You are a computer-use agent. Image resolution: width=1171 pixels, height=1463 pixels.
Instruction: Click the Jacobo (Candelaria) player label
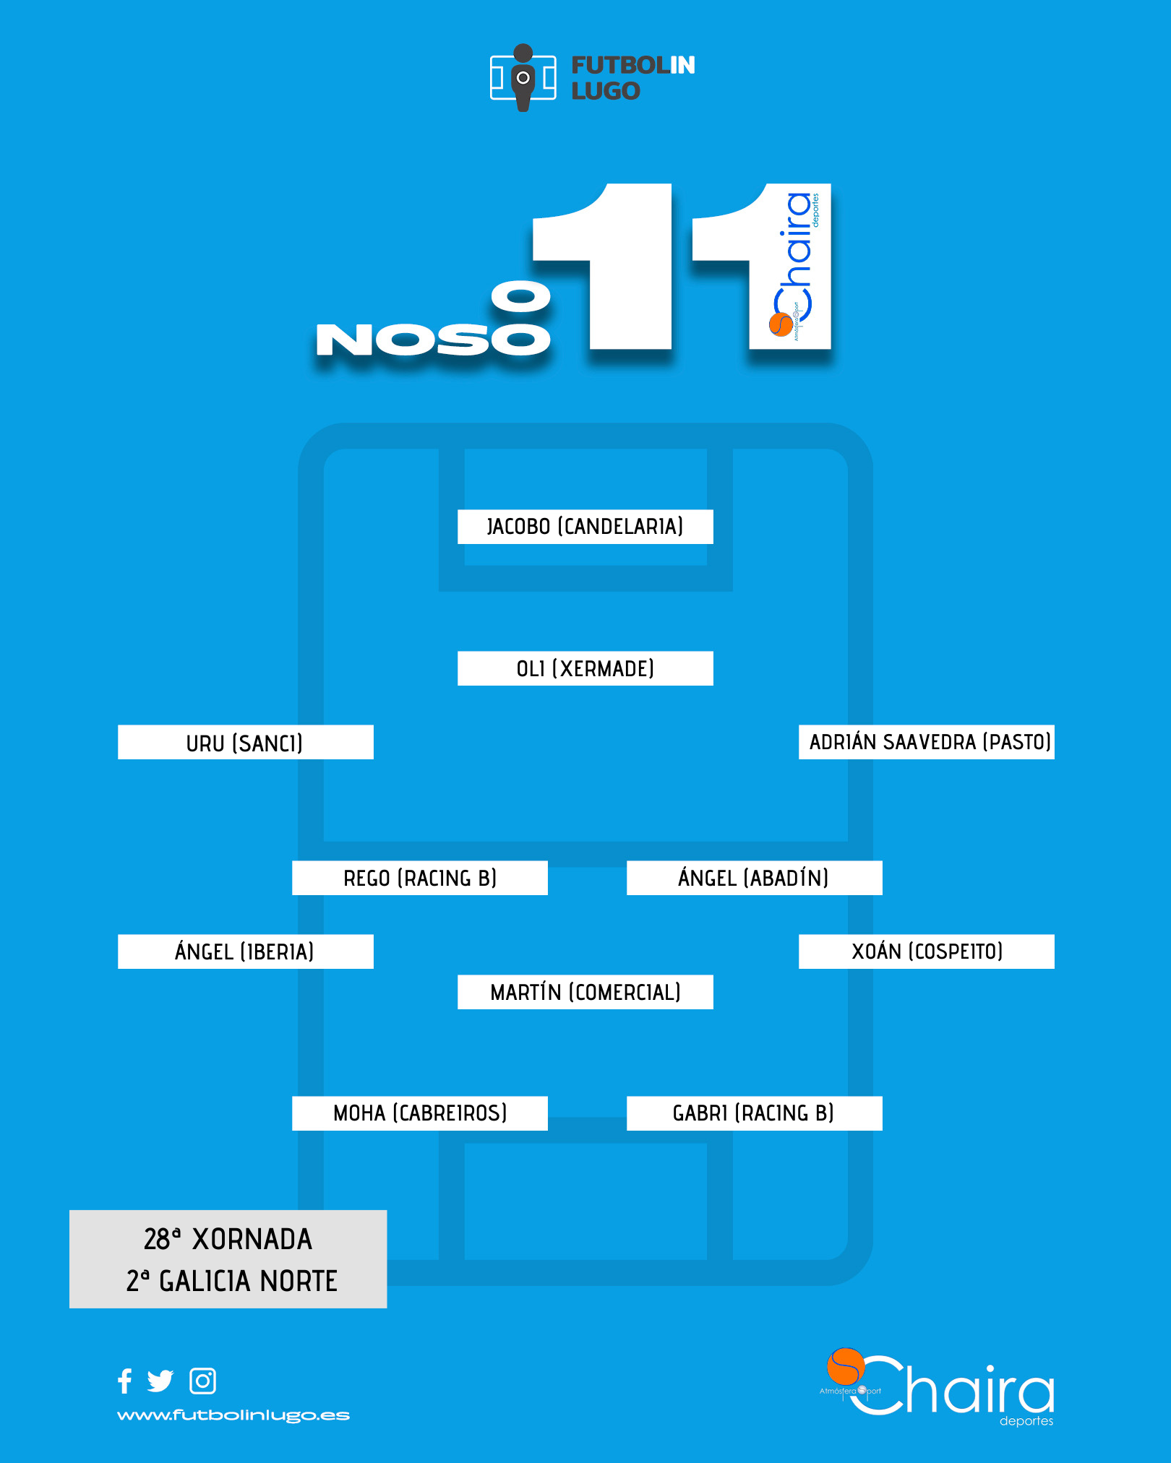tap(585, 527)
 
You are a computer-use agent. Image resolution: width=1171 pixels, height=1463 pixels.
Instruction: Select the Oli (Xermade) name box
tap(585, 668)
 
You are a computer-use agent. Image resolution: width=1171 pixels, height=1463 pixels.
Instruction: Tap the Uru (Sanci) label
tap(246, 742)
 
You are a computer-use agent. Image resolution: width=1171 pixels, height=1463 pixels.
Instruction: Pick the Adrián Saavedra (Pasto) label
tap(927, 742)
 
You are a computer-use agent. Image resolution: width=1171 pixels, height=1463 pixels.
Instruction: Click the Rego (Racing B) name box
tap(420, 878)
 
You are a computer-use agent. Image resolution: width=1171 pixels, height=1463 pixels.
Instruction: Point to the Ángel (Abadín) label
tap(755, 878)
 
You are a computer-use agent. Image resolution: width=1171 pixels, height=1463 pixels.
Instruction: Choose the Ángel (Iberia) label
tap(246, 951)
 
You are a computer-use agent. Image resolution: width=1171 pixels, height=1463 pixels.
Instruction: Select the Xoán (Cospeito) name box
tap(927, 951)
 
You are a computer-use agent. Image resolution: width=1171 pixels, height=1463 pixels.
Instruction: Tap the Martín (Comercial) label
tap(585, 992)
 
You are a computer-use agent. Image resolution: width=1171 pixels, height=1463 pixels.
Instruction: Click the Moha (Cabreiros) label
tap(420, 1113)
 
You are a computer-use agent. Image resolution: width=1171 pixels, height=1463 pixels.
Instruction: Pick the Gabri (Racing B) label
tap(755, 1113)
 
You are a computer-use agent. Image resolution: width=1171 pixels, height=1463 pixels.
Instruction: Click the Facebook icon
tap(125, 1381)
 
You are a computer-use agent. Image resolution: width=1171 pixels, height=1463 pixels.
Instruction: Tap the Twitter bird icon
tap(160, 1381)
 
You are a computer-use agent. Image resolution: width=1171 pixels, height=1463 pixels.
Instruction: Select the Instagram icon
tap(202, 1381)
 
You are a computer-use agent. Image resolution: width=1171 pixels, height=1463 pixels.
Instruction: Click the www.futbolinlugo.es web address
tap(233, 1415)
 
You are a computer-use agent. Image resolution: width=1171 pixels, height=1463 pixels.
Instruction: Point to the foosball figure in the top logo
tap(523, 77)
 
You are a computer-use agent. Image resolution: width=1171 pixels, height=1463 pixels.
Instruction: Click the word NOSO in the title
tap(434, 340)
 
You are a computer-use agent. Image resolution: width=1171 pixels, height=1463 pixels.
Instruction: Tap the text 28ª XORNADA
tap(228, 1239)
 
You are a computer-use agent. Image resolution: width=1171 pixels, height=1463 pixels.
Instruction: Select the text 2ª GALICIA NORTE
tap(232, 1281)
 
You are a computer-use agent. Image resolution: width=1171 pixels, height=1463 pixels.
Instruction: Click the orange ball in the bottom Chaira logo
tap(846, 1366)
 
